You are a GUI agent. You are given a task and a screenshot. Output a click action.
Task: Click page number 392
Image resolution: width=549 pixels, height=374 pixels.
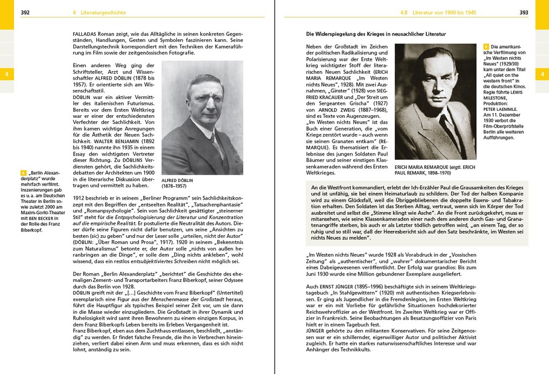[x=25, y=12]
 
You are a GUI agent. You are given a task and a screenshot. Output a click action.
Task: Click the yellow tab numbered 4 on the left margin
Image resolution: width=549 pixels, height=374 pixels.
[x=6, y=74]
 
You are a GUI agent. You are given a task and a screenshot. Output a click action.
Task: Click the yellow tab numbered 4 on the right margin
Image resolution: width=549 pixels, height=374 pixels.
[x=542, y=74]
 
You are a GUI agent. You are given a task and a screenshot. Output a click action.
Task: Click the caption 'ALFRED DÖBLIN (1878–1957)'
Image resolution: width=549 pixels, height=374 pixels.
[x=178, y=183]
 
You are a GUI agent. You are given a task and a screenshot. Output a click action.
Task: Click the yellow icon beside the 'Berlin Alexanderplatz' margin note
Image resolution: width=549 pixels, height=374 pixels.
[x=23, y=173]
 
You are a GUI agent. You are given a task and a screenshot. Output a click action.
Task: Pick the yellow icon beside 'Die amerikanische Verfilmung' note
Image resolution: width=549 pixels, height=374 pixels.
[x=487, y=47]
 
